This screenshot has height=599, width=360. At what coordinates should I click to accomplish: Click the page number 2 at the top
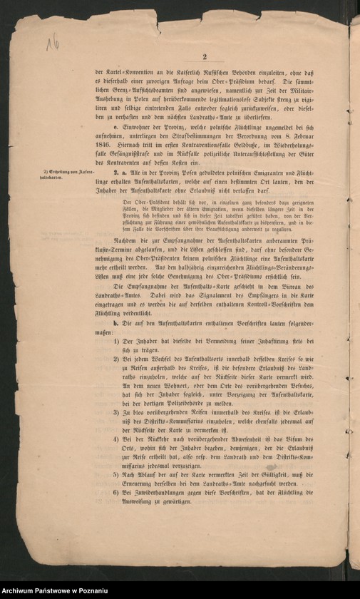pyautogui.click(x=204, y=58)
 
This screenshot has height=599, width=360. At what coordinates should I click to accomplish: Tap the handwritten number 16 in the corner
pyautogui.click(x=52, y=43)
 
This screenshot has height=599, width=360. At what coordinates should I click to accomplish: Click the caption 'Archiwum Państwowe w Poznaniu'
pyautogui.click(x=56, y=592)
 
